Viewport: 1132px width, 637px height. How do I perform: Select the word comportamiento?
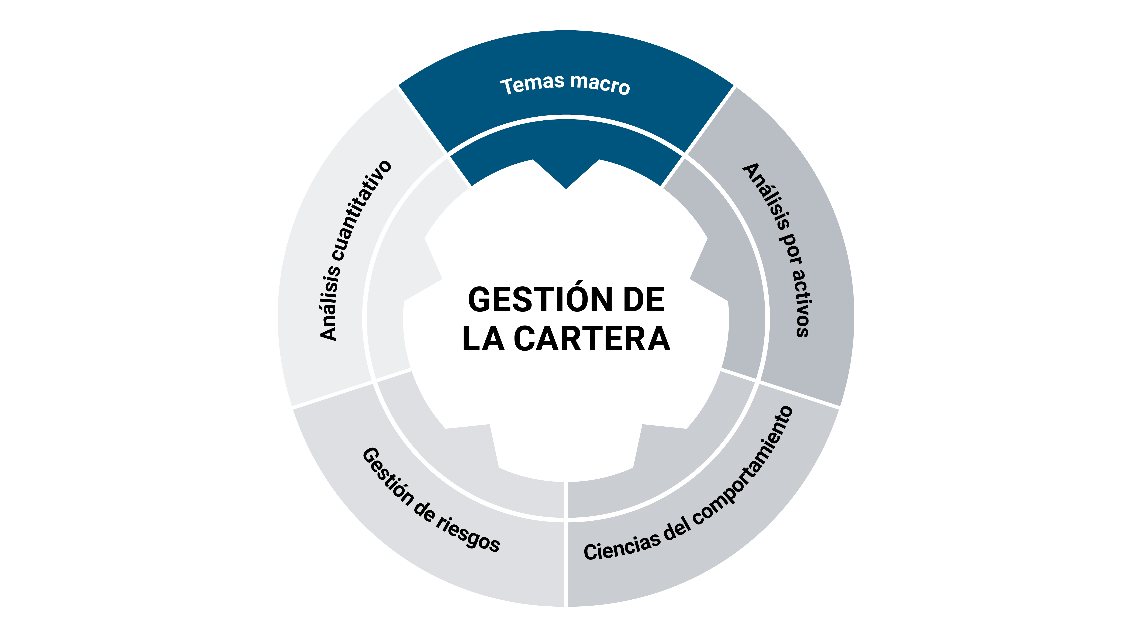(x=747, y=466)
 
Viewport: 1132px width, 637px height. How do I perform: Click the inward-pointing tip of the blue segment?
(x=566, y=188)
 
